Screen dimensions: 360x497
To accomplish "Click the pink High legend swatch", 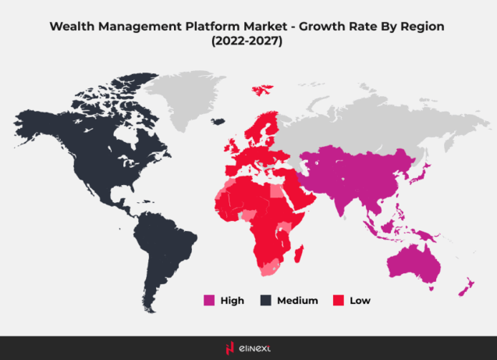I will [x=208, y=300].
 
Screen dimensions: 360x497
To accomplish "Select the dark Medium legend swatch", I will [x=264, y=300].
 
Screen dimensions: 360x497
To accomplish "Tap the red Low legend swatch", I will [x=338, y=300].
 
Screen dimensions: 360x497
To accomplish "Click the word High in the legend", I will [x=232, y=300].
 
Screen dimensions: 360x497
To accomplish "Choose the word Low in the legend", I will [x=360, y=300].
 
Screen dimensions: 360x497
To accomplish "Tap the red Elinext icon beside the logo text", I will [x=229, y=348].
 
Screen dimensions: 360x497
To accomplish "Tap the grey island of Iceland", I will [x=218, y=120].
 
